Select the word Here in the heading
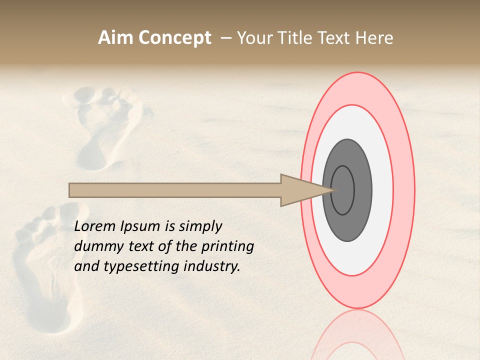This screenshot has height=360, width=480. [x=375, y=38]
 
